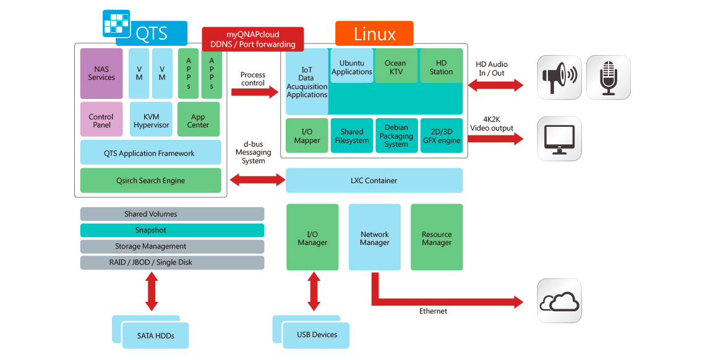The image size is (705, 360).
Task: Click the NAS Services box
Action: (101, 74)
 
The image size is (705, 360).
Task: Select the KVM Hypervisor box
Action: (151, 121)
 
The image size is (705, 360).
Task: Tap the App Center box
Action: (198, 121)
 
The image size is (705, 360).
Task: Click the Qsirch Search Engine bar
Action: (150, 181)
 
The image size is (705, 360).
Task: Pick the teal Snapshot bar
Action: (172, 230)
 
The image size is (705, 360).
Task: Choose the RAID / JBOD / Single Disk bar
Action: (172, 262)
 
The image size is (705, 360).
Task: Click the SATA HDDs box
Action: (155, 335)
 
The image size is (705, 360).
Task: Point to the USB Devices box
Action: (317, 335)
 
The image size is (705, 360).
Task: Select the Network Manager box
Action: (374, 238)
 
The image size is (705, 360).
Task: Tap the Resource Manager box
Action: (437, 238)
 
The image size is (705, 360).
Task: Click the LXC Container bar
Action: (374, 181)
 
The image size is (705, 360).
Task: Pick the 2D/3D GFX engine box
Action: (442, 136)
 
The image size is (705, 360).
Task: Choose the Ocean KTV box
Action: (395, 67)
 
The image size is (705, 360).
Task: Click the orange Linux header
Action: (374, 33)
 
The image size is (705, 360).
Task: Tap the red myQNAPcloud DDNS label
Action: (253, 39)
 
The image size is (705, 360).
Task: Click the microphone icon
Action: (609, 77)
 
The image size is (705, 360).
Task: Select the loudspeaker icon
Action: (558, 77)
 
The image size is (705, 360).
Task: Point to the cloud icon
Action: (559, 301)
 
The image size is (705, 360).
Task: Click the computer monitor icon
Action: (558, 139)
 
